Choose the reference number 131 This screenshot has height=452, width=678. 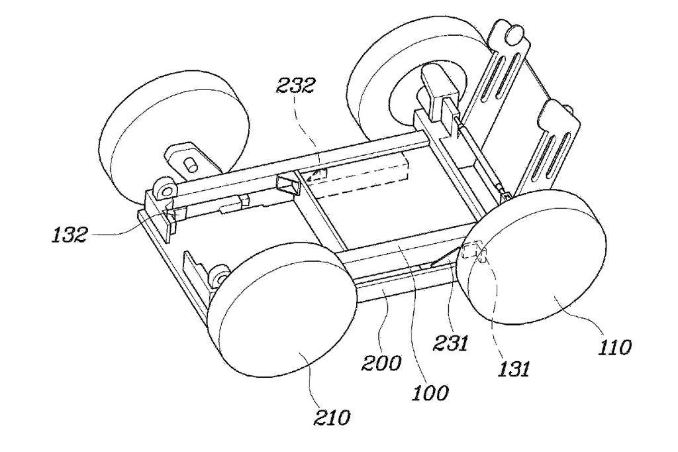coord(514,369)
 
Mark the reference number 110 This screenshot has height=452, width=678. coord(615,347)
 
